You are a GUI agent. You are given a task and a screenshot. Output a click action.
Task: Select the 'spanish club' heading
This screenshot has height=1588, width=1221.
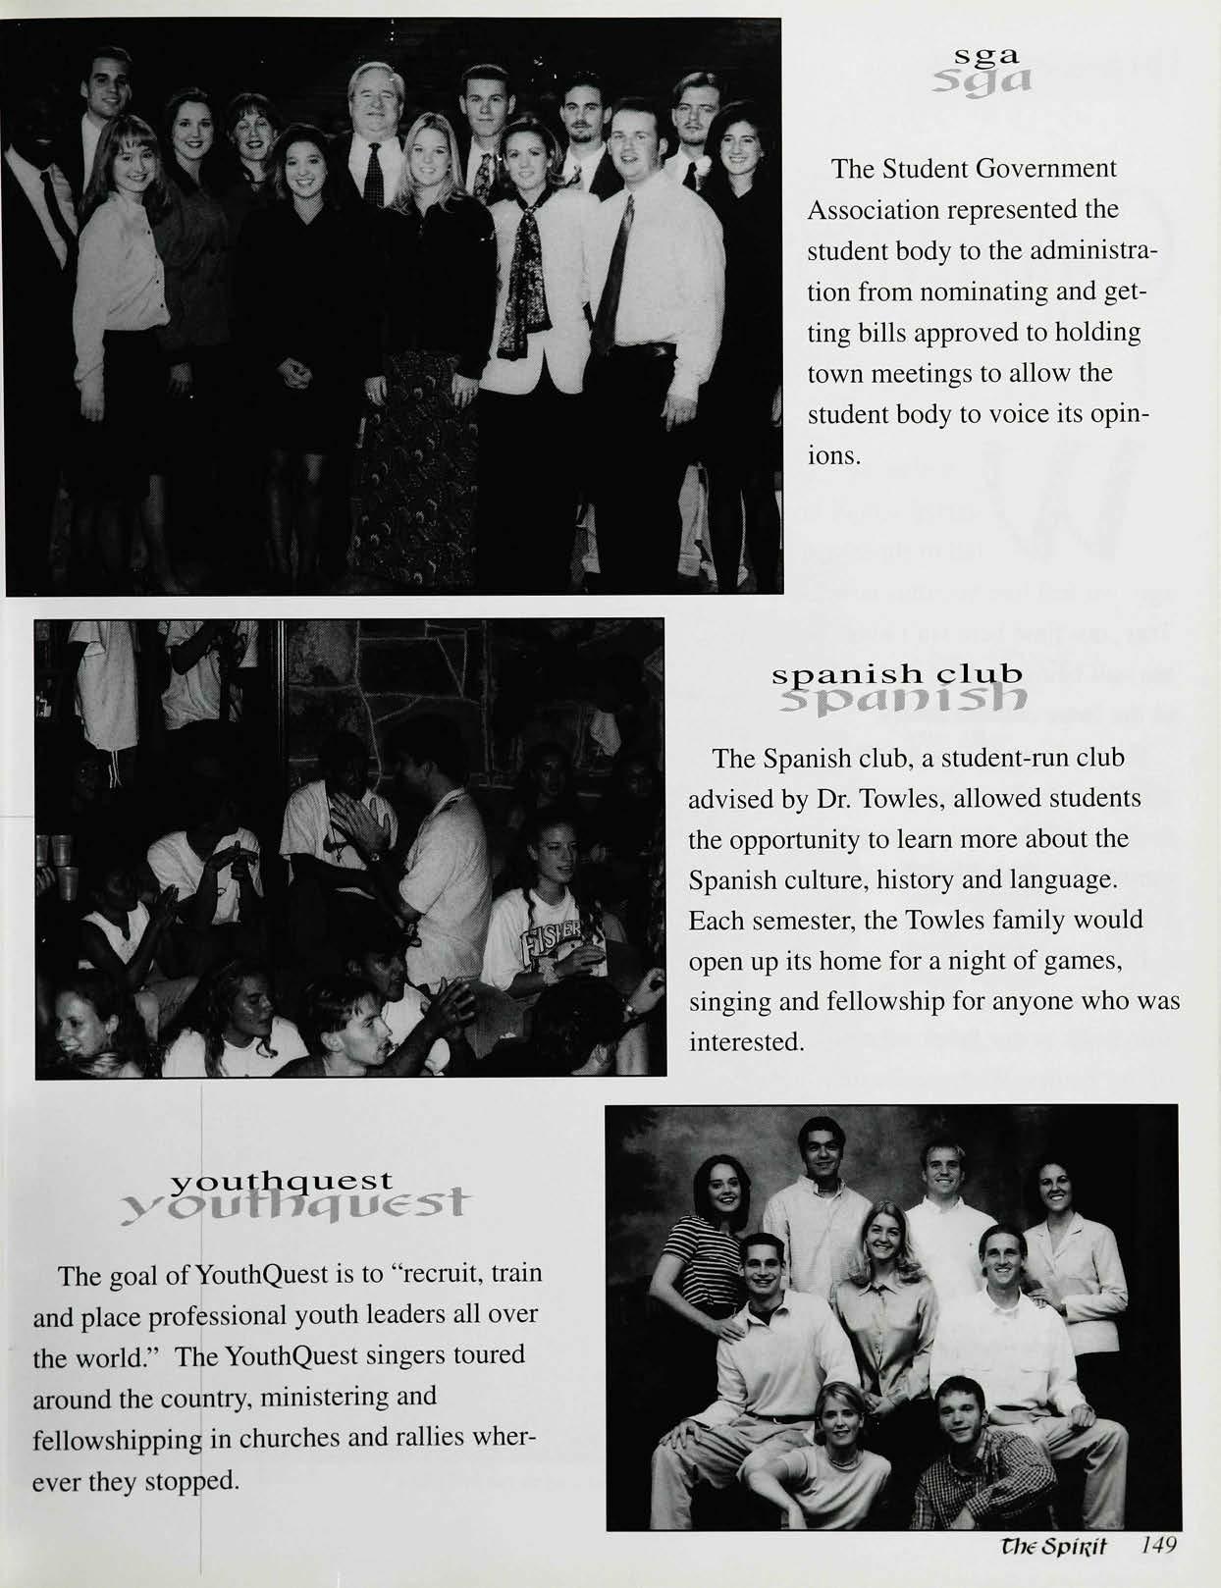898,675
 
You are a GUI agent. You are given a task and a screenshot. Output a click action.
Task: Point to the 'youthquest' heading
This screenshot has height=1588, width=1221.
282,1180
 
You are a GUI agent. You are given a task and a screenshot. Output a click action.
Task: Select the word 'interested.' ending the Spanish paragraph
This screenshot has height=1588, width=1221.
747,1041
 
